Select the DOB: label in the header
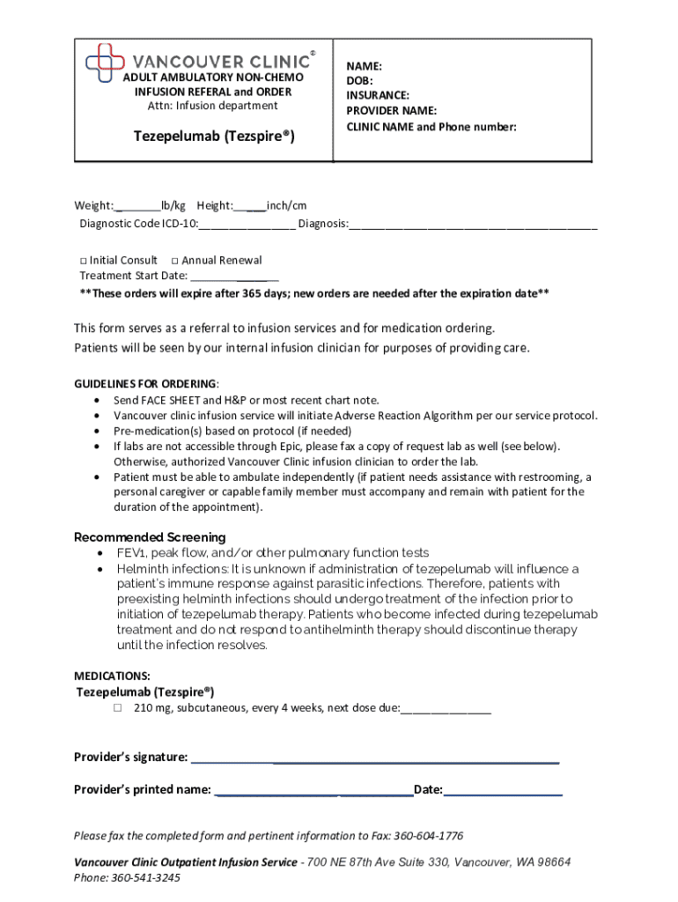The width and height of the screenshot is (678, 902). tap(360, 81)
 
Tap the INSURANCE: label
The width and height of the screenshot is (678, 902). tap(378, 95)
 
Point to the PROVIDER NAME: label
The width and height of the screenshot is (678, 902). tap(391, 111)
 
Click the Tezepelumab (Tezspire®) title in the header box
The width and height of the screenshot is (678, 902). tap(214, 137)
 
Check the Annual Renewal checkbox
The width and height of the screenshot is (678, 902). tap(175, 261)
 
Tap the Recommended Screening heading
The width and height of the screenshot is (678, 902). tap(150, 537)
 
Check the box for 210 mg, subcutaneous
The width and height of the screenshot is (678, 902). tap(116, 708)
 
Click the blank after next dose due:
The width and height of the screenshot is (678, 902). tap(446, 708)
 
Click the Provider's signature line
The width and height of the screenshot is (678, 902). tap(374, 758)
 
